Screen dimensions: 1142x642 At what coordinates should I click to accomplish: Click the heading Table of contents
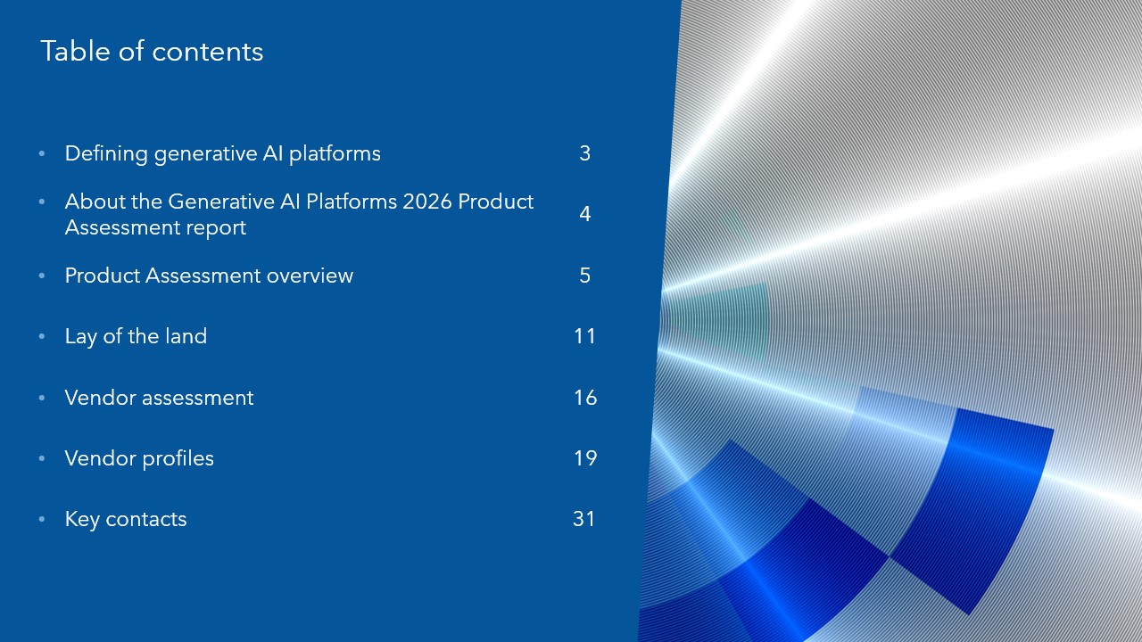[x=152, y=52]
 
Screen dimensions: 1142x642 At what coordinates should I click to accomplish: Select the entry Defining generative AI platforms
[x=223, y=154]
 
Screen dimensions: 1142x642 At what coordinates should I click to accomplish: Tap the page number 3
[x=584, y=153]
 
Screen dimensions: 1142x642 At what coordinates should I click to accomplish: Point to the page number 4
[x=584, y=214]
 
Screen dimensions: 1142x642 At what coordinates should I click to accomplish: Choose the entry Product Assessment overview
[x=209, y=276]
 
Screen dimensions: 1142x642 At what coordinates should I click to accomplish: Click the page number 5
[x=584, y=276]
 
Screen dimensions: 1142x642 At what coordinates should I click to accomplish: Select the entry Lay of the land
[x=136, y=337]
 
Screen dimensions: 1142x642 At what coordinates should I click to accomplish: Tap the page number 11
[x=584, y=336]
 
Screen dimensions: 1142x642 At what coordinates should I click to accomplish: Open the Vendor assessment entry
[x=159, y=398]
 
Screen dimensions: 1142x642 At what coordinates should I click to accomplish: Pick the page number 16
[x=585, y=398]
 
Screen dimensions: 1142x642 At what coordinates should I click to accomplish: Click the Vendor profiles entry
[x=139, y=458]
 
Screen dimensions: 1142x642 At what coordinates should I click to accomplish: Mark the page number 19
[x=585, y=458]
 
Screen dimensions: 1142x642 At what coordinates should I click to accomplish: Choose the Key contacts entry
[x=126, y=519]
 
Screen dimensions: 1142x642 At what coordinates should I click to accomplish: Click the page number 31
[x=584, y=519]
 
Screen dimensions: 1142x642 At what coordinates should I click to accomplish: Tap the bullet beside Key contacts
[x=42, y=519]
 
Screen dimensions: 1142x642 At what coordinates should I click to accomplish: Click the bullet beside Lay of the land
[x=42, y=336]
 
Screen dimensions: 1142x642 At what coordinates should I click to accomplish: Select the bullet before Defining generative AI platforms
[x=42, y=153]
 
